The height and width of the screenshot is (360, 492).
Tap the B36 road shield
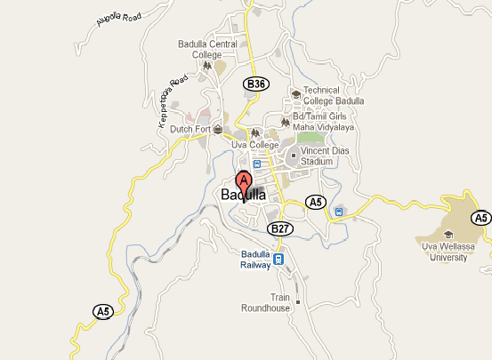[x=255, y=84]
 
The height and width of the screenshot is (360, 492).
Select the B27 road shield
[x=280, y=228]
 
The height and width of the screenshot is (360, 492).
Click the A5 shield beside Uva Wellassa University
[x=481, y=218]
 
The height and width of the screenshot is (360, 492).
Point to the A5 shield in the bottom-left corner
[x=104, y=310]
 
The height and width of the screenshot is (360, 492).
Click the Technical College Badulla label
[x=334, y=95]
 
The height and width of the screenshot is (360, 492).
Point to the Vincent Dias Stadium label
[x=328, y=156]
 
